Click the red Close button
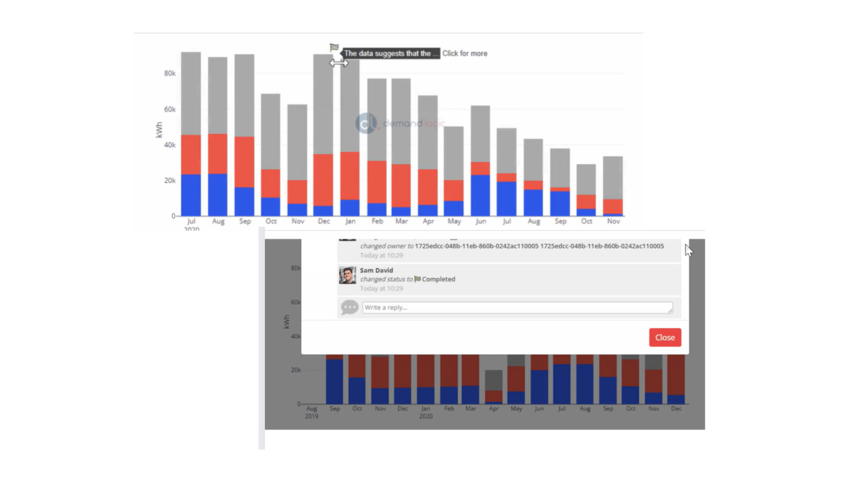pos(665,337)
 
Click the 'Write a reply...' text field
pos(517,308)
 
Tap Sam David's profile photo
pos(348,275)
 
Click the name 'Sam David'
pos(376,270)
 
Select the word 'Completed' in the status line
pos(438,279)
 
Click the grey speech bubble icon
pos(349,307)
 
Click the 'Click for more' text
pos(465,54)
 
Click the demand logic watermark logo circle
pos(366,123)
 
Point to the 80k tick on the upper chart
pos(170,73)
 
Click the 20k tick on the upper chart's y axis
pos(170,181)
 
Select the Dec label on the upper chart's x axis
pos(324,221)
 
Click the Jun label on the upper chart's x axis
pos(481,221)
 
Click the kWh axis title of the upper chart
pos(159,130)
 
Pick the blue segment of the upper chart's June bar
pos(480,195)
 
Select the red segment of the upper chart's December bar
pos(323,180)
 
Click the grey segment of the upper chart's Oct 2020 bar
pos(586,179)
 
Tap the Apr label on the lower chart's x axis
pos(493,409)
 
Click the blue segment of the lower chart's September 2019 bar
pos(334,381)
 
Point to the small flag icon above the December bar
pos(334,47)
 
